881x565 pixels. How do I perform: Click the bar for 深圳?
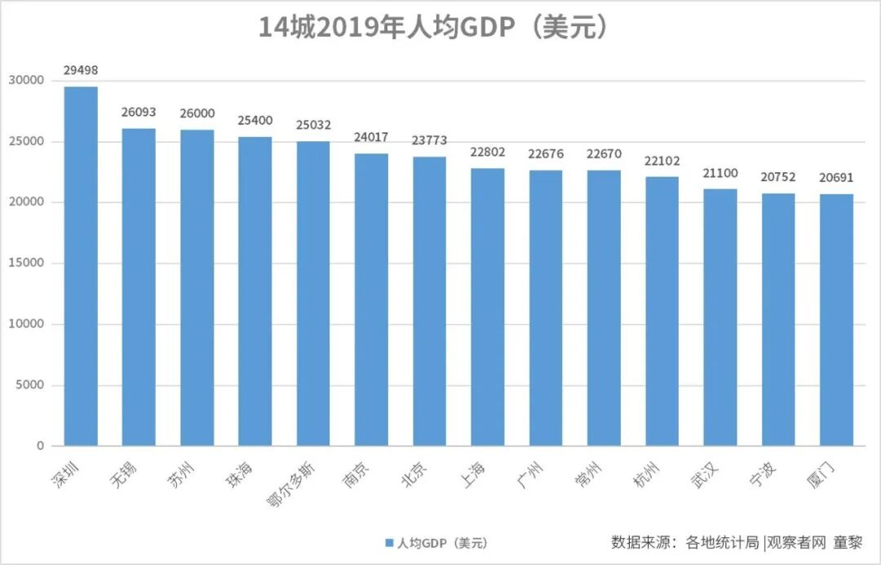[81, 266]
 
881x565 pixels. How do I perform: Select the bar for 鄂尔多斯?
[313, 293]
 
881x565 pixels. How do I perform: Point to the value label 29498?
[81, 71]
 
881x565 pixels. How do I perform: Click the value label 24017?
[371, 137]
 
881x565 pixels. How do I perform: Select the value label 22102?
[662, 161]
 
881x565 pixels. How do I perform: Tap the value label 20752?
[778, 177]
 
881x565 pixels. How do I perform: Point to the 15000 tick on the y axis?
[27, 263]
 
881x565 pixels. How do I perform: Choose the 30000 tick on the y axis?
[27, 81]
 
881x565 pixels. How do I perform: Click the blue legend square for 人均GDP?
[388, 543]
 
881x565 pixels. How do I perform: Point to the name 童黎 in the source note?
[847, 541]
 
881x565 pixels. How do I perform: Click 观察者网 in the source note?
[796, 541]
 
